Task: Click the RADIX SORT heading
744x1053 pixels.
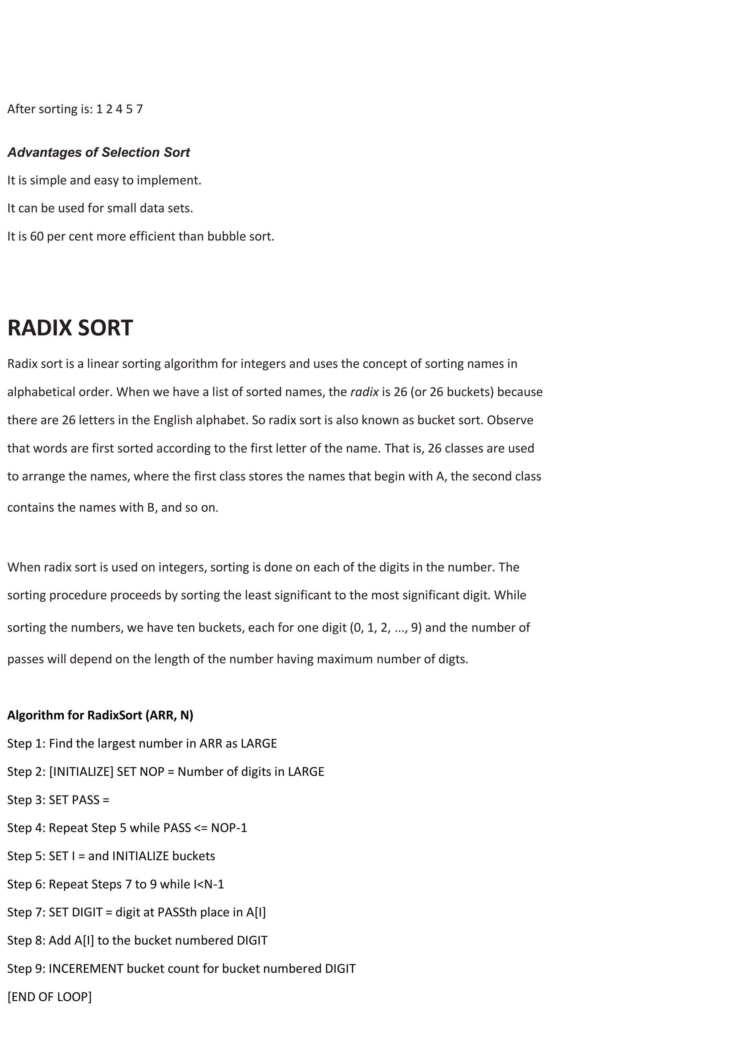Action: pyautogui.click(x=70, y=328)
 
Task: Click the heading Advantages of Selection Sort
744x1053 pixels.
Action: pyautogui.click(x=98, y=152)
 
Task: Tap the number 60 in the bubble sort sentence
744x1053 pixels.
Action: pyautogui.click(x=37, y=237)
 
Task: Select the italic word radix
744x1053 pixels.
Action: pyautogui.click(x=364, y=392)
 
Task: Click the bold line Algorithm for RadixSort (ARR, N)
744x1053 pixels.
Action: pyautogui.click(x=100, y=715)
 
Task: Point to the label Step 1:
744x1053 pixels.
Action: pyautogui.click(x=26, y=743)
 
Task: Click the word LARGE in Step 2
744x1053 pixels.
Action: pyautogui.click(x=306, y=772)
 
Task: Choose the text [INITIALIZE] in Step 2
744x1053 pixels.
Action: pyautogui.click(x=81, y=772)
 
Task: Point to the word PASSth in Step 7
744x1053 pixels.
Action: pyautogui.click(x=177, y=912)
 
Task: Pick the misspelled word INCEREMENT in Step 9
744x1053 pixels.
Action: pyautogui.click(x=86, y=969)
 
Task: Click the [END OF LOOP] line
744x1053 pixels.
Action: pyautogui.click(x=49, y=997)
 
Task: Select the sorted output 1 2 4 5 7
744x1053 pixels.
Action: pyautogui.click(x=120, y=109)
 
